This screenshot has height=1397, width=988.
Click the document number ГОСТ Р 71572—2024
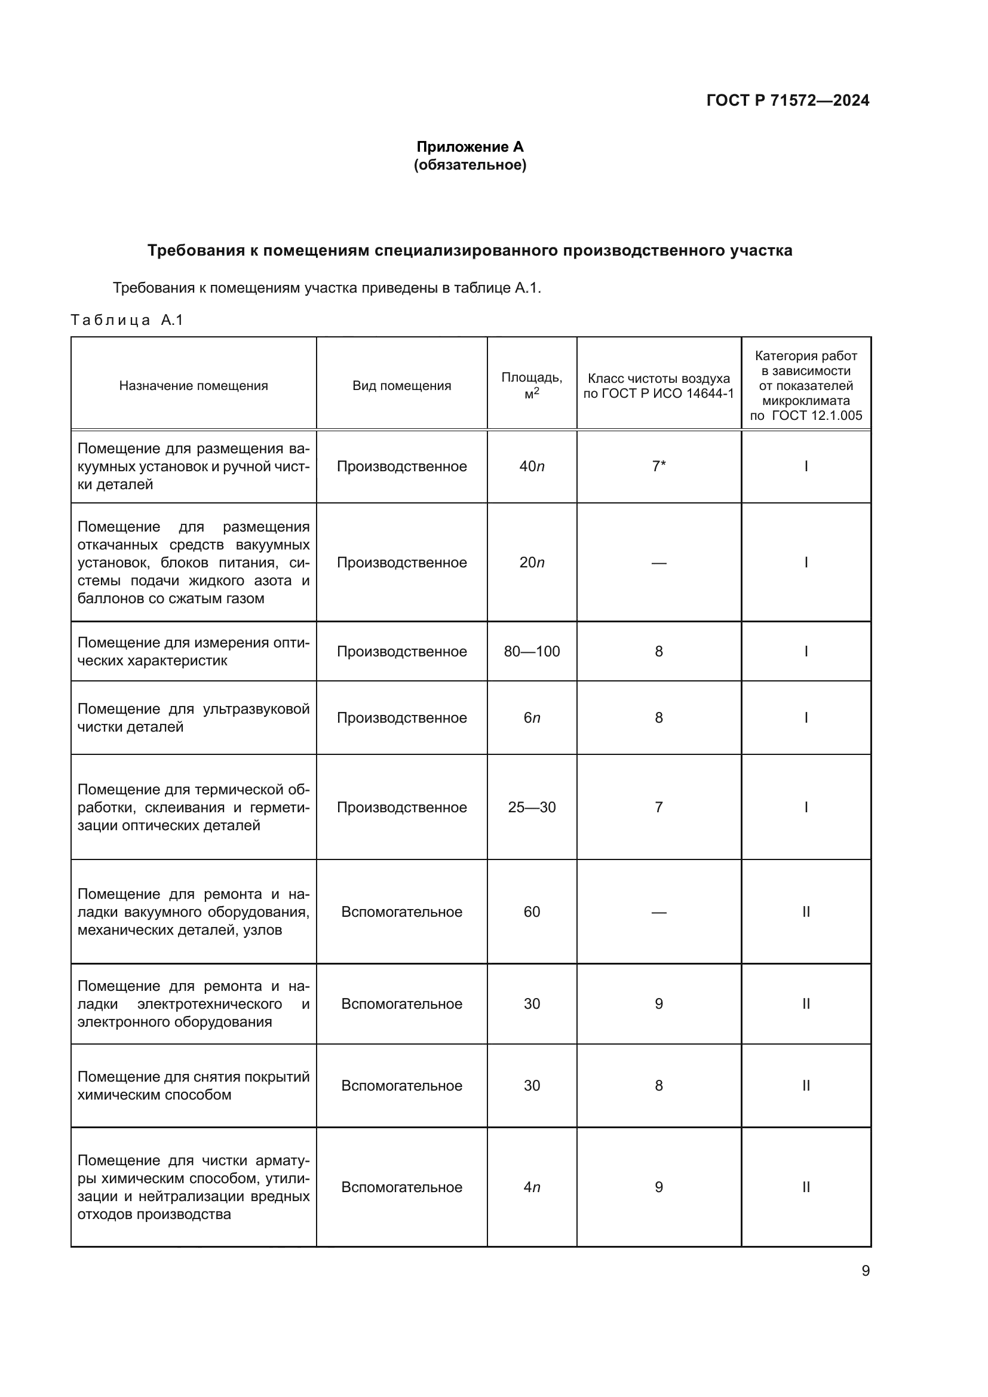click(787, 100)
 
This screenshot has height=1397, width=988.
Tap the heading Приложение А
click(470, 147)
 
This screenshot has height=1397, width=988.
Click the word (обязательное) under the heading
click(470, 165)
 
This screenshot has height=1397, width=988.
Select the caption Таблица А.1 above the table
click(127, 320)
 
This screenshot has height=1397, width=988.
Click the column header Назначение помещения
click(194, 386)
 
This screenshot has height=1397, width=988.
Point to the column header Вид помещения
click(401, 386)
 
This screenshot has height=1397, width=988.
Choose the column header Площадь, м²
click(532, 385)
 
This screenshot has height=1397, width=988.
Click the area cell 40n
click(532, 466)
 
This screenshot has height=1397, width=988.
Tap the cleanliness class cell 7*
click(659, 466)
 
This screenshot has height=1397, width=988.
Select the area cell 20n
click(532, 563)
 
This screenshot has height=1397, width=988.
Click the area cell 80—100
click(532, 652)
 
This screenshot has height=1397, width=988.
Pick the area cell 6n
click(532, 718)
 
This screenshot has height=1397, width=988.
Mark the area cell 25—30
click(532, 808)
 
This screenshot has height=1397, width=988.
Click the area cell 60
click(532, 911)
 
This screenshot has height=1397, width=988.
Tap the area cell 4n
click(532, 1187)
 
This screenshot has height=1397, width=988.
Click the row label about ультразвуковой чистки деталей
click(194, 718)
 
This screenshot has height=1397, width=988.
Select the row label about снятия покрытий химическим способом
click(194, 1085)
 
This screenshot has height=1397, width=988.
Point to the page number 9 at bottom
click(865, 1271)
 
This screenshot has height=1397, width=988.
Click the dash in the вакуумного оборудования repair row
click(659, 912)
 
